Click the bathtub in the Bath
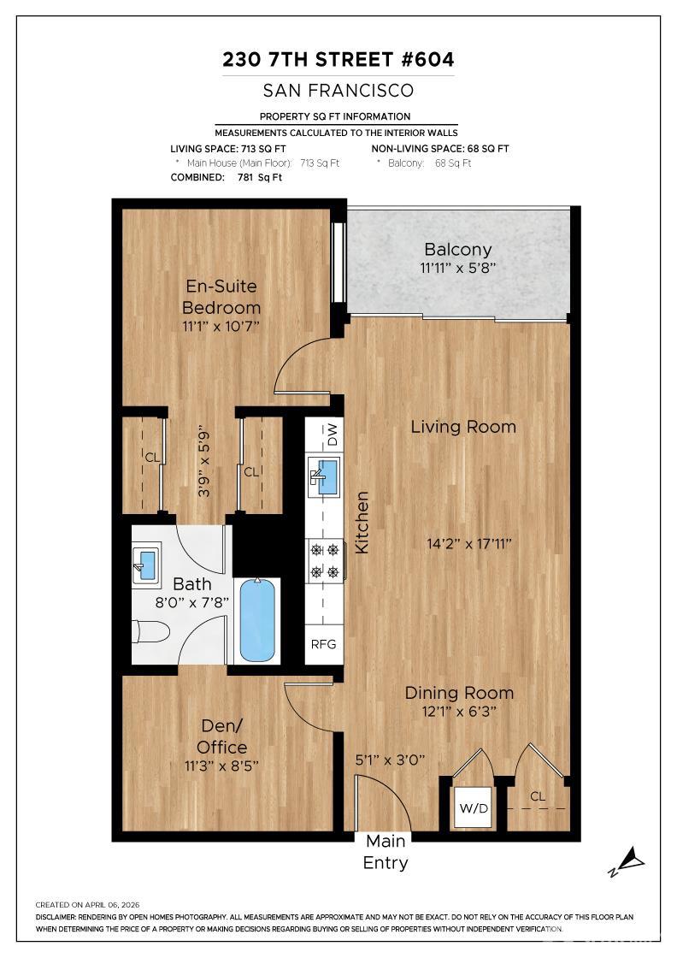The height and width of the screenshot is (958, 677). coord(257,620)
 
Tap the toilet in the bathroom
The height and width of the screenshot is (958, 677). coord(150,632)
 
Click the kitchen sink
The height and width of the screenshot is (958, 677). coord(324,476)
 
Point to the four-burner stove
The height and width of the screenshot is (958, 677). coord(325,559)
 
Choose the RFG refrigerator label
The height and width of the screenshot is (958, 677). coord(324,644)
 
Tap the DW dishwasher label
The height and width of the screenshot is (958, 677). coord(332,435)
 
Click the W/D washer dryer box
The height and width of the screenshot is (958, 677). coord(474,807)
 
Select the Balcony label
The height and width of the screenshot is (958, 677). coord(458,249)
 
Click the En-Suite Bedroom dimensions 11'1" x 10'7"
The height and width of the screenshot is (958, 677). coord(221,326)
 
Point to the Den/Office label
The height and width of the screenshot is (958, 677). coord(221,736)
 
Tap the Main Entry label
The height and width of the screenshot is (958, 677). coord(386,852)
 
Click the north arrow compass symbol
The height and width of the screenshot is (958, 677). coord(627,861)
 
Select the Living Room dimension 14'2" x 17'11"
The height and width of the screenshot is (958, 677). coord(468,543)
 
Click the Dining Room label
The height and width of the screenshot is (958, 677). coord(459,693)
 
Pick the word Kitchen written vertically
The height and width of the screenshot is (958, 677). coord(362,523)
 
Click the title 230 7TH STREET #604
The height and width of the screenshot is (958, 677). coord(338,59)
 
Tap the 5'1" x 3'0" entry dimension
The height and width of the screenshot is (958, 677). coord(390,760)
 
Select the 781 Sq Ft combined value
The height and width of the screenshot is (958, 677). coord(260,178)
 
